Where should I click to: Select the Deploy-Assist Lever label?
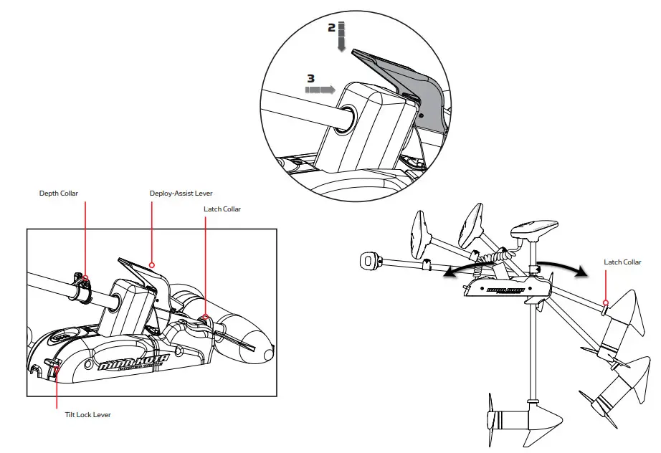[x=181, y=194]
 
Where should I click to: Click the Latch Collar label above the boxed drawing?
[x=222, y=209]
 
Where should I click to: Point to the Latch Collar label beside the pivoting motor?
[x=622, y=262]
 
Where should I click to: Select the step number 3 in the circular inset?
[x=310, y=78]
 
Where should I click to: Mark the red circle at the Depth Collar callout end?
[x=85, y=277]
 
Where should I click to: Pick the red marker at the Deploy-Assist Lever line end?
[x=152, y=264]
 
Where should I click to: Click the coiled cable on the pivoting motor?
[x=495, y=257]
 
